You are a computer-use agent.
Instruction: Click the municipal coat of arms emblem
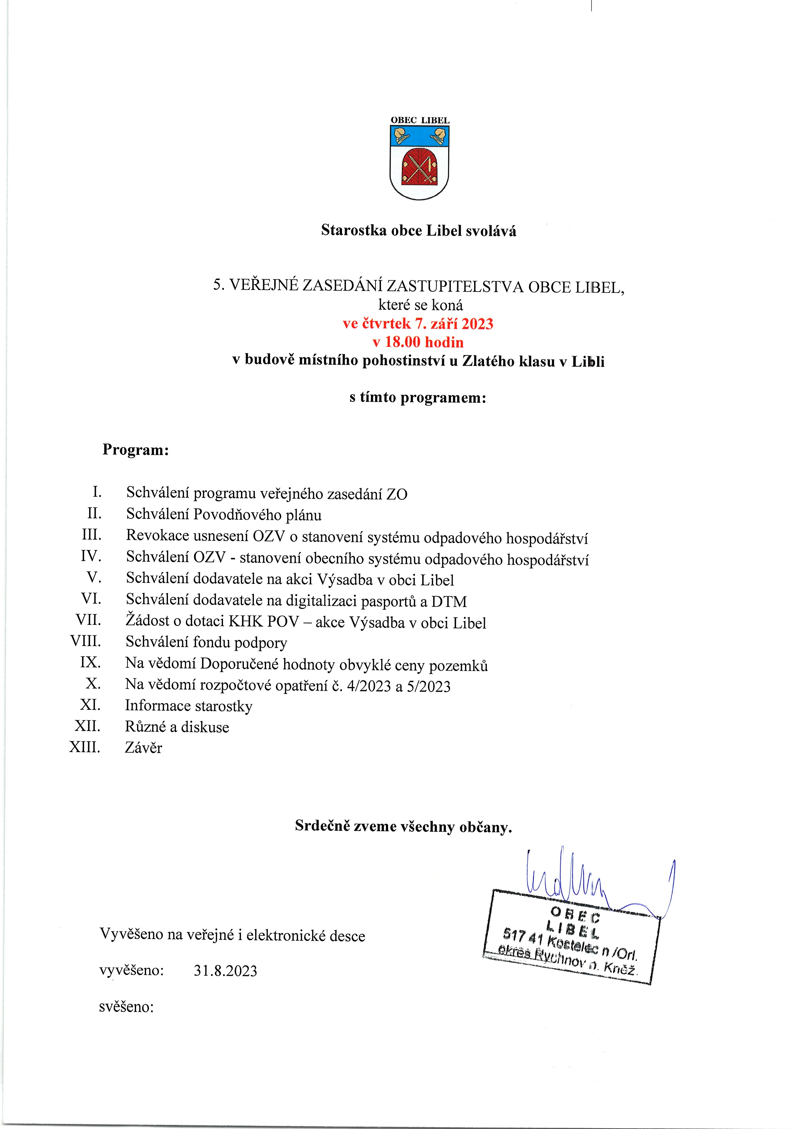pos(419,162)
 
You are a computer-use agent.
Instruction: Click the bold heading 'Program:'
pos(136,450)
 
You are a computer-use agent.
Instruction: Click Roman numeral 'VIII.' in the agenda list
pos(86,641)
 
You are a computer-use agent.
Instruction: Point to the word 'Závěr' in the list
pos(144,748)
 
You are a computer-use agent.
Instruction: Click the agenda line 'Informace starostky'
pos(189,706)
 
